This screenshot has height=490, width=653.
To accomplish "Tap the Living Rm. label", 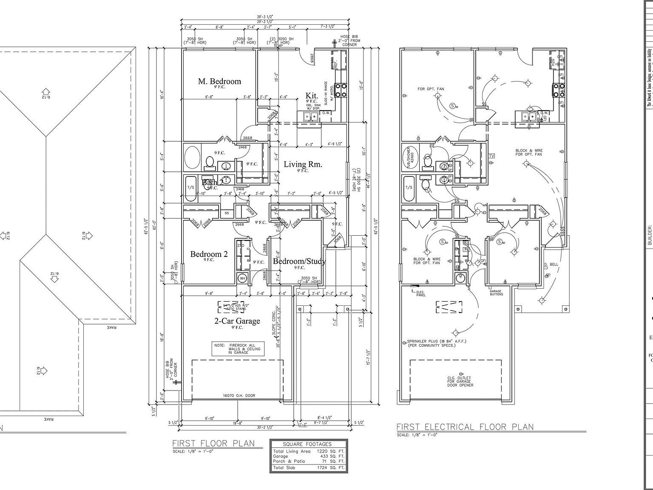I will coord(303,165).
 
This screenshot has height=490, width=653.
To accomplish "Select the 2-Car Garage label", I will coord(237,321).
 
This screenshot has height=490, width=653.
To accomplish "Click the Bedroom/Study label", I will coord(299,261).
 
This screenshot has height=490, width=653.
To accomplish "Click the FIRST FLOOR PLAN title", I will coord(213,443).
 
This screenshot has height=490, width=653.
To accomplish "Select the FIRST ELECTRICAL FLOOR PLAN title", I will coord(465,427).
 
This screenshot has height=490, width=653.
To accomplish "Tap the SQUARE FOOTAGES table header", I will coord(309,444).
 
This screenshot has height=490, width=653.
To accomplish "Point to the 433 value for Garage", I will coord(325,456).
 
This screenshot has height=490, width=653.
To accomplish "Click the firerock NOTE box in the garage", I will coord(238,349).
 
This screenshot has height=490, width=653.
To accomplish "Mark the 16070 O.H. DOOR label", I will coord(238,396).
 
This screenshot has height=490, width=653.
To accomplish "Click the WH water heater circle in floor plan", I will coord(243,279).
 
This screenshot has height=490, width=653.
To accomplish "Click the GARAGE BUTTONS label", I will coord(496,293).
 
